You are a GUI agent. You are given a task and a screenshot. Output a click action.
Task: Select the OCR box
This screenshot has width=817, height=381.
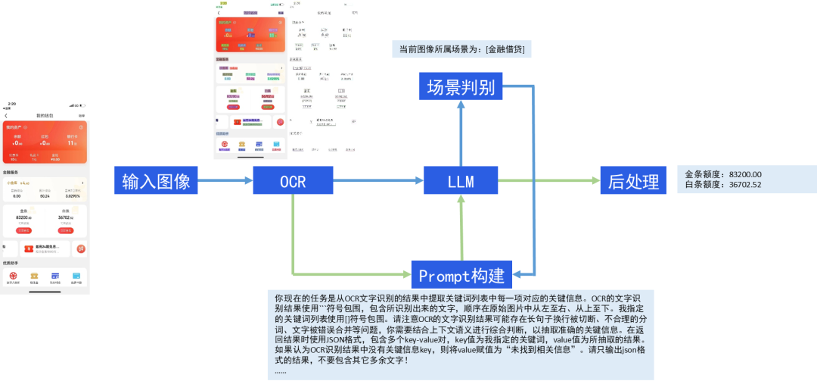pos(291,182)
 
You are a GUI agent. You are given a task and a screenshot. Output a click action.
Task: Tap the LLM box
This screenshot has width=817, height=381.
pos(461,182)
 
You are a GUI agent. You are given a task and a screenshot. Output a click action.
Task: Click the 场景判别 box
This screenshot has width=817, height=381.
pos(461,87)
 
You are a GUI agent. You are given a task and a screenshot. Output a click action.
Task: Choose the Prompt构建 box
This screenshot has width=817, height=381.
pos(461,273)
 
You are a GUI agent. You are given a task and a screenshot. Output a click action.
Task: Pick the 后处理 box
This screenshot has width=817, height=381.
pos(634,182)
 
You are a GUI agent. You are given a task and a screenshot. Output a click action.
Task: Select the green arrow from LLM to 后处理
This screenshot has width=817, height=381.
pos(548,181)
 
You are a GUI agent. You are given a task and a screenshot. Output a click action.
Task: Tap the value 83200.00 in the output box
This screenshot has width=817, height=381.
pos(746,174)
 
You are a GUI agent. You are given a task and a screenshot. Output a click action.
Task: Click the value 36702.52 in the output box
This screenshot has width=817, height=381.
pos(746,185)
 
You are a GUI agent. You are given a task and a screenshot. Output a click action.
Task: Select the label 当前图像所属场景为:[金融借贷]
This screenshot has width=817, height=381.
pos(461,50)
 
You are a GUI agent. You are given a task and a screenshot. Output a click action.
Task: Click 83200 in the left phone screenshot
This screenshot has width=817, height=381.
pos(23,217)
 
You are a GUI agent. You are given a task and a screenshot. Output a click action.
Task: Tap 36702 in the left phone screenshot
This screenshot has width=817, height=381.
pos(66,217)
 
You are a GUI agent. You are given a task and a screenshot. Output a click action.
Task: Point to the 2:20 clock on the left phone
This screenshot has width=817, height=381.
pos(11,104)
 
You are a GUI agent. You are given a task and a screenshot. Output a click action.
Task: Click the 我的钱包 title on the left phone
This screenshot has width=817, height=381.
pos(45,115)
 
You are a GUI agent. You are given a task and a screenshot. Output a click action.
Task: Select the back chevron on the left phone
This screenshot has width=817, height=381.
pos(6,115)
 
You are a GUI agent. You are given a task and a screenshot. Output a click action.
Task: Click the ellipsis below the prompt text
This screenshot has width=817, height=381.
pos(281,371)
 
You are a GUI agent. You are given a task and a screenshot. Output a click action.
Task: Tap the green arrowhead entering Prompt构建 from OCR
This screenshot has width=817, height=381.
pos(405,273)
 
